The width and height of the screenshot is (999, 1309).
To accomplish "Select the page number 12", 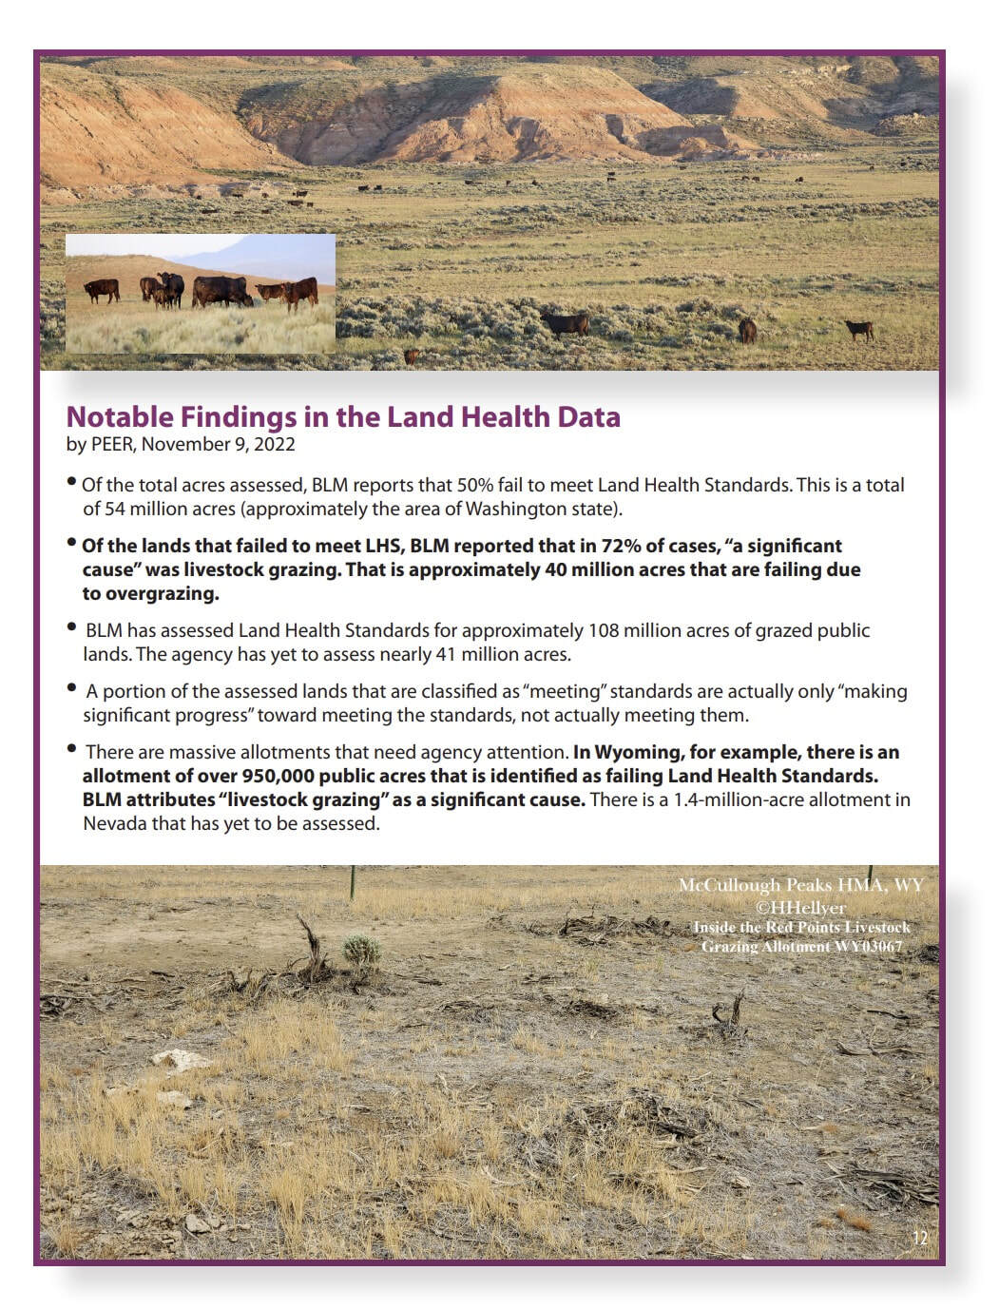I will [919, 1237].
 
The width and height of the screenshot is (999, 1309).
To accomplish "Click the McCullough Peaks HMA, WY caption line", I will [800, 885].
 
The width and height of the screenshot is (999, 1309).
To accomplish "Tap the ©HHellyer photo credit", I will [800, 907].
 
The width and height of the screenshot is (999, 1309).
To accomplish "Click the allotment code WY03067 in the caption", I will [860, 946].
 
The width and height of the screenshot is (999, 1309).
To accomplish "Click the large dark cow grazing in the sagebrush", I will [565, 323].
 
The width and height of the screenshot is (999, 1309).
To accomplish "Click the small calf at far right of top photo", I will [859, 329].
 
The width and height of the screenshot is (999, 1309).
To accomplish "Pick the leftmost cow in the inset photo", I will [102, 289].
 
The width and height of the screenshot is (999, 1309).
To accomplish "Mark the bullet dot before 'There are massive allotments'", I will [72, 750].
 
